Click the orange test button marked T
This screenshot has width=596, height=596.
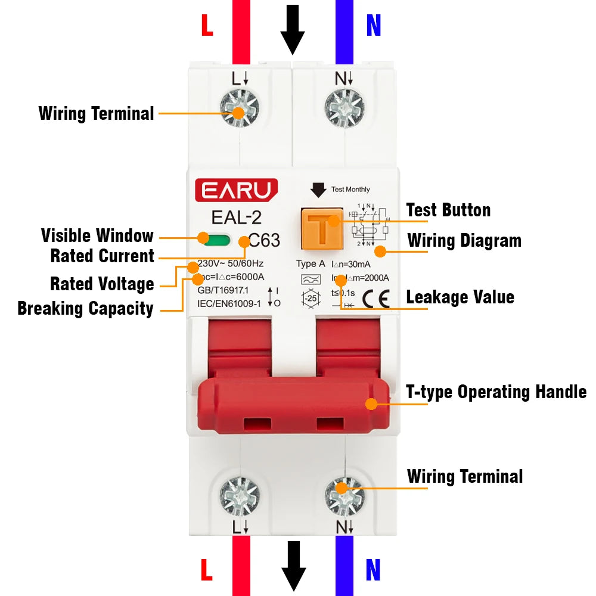pyautogui.click(x=321, y=229)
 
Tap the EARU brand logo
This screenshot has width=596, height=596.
pyautogui.click(x=236, y=190)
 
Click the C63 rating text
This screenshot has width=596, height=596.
pyautogui.click(x=263, y=241)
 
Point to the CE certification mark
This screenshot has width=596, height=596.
pyautogui.click(x=375, y=297)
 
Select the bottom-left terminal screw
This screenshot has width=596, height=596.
pyautogui.click(x=240, y=496)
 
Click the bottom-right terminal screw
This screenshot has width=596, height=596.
pyautogui.click(x=344, y=496)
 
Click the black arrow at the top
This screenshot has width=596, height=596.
pyautogui.click(x=293, y=29)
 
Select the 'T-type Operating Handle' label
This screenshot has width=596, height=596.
pyautogui.click(x=496, y=392)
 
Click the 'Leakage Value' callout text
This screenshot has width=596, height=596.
pyautogui.click(x=460, y=297)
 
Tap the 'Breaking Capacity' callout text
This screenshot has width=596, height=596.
pyautogui.click(x=85, y=309)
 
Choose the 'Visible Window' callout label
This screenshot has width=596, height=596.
pyautogui.click(x=97, y=235)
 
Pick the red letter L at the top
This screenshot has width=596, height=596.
pyautogui.click(x=207, y=26)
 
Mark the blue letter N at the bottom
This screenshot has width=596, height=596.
pyautogui.click(x=373, y=570)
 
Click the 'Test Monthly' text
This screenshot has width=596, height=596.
pyautogui.click(x=350, y=190)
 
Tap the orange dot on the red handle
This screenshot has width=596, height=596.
pyautogui.click(x=371, y=403)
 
